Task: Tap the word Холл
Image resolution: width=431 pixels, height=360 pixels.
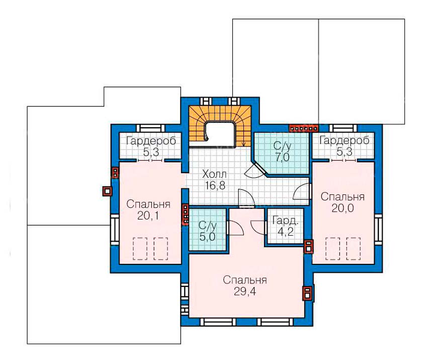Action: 214,174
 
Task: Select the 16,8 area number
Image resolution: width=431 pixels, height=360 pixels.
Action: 215,186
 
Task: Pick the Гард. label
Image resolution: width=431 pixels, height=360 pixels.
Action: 285,220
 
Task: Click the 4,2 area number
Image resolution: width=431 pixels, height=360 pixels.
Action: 285,232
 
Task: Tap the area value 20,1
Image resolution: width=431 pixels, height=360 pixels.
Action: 148,216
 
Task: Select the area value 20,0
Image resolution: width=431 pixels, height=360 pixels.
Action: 342,208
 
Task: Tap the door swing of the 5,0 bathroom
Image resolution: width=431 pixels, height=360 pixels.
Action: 236,228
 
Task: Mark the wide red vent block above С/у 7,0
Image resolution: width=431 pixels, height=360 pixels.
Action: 303,128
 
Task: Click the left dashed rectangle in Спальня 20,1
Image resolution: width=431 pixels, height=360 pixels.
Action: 140,249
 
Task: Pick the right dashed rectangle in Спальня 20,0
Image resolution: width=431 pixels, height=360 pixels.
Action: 353,249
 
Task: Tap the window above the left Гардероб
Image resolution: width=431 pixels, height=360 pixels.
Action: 150,128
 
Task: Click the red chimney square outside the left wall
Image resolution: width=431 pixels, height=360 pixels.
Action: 107,191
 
